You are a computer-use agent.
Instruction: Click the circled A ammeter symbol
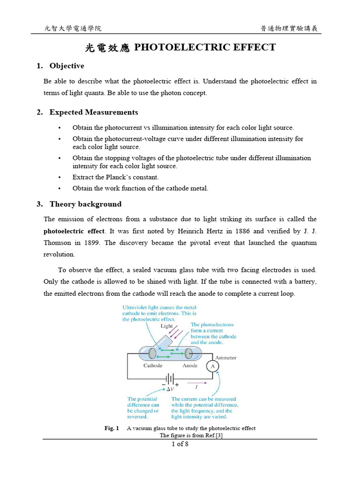[x=213, y=366]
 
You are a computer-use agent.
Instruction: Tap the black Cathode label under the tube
[x=153, y=366]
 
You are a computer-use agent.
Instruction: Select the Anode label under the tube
[x=190, y=366]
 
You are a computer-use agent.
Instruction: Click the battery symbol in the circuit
[x=170, y=378]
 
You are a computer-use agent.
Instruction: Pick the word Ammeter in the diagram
[x=225, y=358]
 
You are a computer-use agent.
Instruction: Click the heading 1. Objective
[x=60, y=66]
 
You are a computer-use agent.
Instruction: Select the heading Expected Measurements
[x=93, y=112]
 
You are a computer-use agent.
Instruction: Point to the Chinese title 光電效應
[x=106, y=48]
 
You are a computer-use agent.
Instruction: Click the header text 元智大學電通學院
[x=73, y=29]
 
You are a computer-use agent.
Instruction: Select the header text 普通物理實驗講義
[x=289, y=29]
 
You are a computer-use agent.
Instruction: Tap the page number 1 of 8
[x=180, y=444]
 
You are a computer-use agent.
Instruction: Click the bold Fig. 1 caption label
[x=112, y=428]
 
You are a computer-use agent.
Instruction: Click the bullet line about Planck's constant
[x=115, y=177]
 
